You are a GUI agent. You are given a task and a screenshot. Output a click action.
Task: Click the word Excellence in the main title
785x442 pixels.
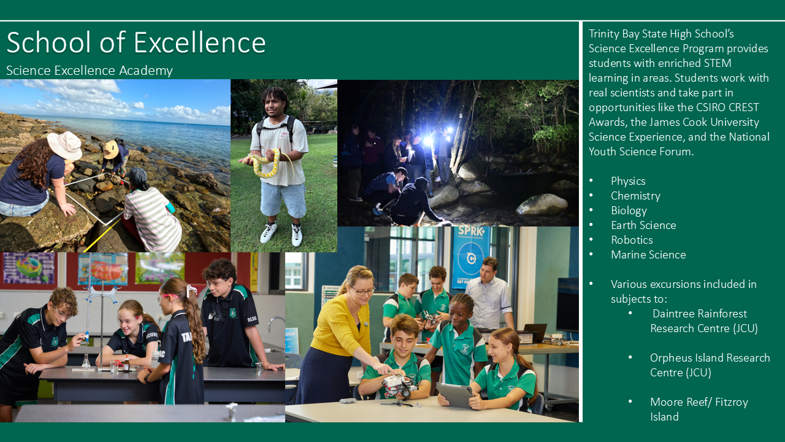[200, 42]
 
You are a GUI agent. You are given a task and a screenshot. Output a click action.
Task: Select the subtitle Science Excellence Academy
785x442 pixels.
[90, 71]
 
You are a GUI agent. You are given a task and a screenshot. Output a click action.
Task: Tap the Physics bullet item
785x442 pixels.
[628, 181]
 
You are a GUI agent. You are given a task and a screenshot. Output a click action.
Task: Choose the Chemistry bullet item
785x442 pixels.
[635, 196]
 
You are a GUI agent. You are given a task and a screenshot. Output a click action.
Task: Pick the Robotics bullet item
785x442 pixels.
[632, 240]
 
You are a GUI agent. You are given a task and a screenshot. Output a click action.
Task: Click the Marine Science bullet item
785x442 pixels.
[648, 255]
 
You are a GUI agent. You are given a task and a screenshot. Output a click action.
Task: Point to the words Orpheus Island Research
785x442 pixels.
[710, 358]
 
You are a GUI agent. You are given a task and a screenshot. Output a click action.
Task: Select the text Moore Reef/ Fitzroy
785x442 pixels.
[699, 402]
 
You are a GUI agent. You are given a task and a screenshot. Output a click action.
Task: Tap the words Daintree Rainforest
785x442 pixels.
[700, 314]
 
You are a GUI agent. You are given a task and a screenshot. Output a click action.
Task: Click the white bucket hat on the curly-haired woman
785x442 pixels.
[64, 145]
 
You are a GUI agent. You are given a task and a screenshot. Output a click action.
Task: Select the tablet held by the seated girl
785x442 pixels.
[455, 395]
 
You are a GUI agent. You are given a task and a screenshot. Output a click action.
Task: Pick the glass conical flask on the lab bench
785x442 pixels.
[86, 362]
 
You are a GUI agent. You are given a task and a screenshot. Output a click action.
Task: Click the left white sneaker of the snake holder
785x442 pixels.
[269, 232]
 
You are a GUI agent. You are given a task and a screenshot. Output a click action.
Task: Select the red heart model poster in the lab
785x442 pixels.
[107, 269]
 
